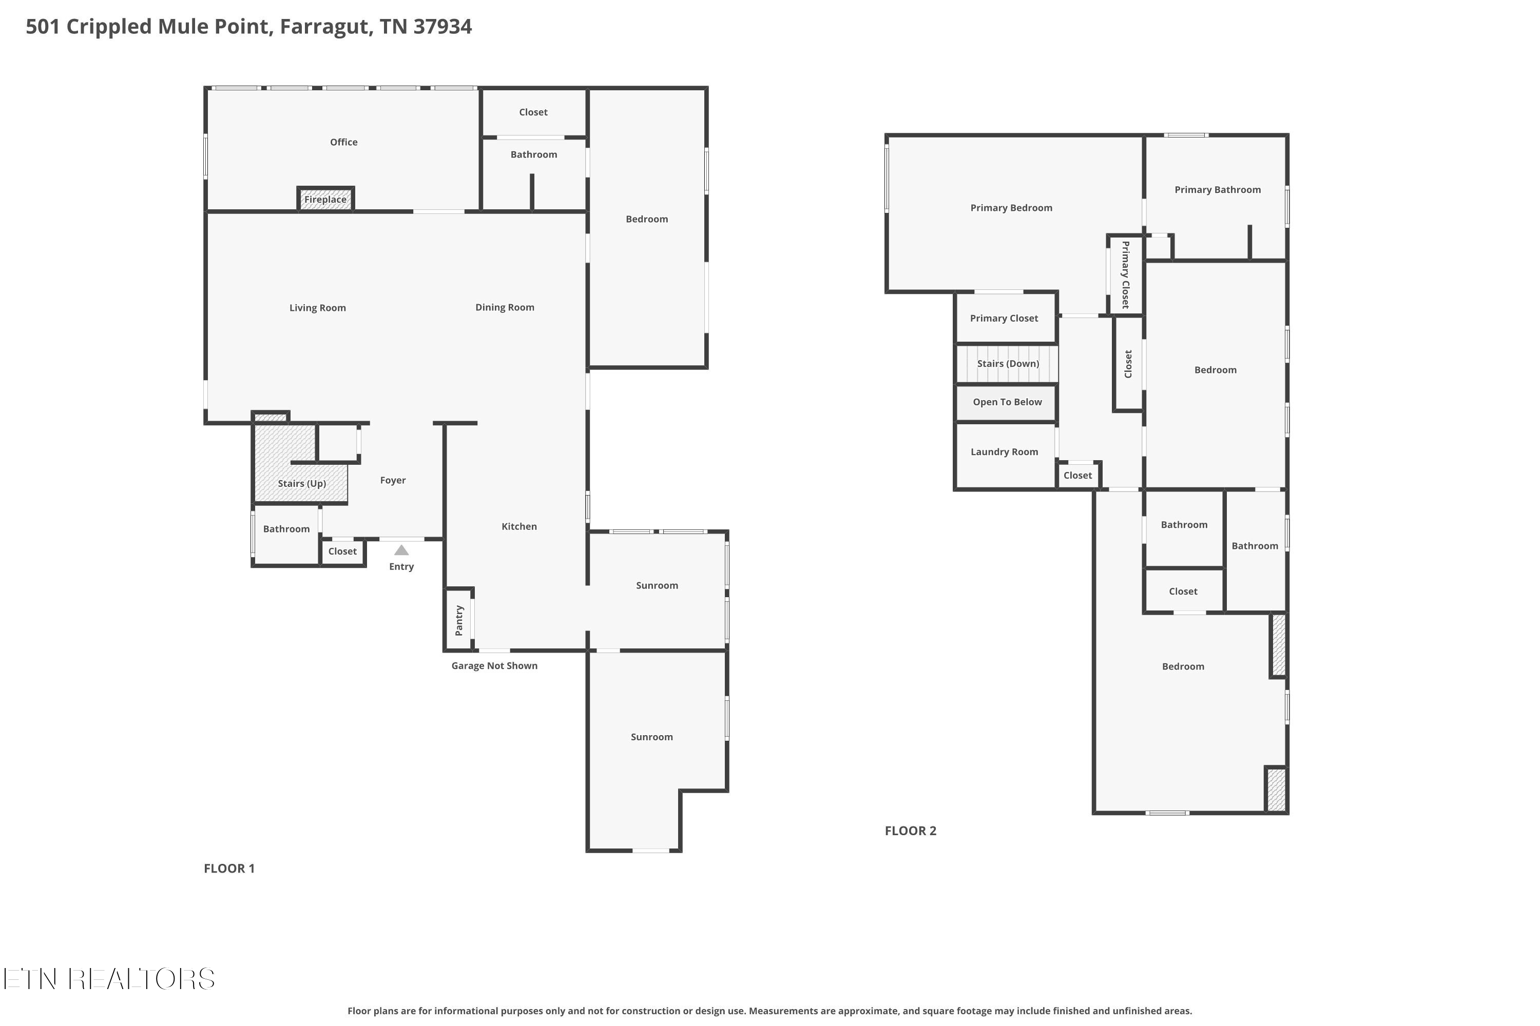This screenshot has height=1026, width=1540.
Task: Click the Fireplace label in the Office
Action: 325,200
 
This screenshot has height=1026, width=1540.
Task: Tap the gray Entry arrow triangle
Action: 401,550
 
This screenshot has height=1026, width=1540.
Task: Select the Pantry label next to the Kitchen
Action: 459,620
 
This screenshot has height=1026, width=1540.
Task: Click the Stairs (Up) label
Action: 302,484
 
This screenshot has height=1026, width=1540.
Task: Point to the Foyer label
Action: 393,480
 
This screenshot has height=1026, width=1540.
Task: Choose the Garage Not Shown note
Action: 494,665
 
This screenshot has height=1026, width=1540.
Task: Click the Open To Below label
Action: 1007,402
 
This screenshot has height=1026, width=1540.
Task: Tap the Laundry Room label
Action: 1005,451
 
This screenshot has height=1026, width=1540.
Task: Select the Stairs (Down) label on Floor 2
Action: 1008,364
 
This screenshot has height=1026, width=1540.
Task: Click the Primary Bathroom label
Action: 1218,190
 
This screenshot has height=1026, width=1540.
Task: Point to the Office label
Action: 344,142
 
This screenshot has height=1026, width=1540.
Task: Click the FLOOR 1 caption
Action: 229,869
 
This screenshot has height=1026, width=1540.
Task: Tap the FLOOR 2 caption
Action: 911,831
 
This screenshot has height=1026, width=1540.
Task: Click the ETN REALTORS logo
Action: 109,979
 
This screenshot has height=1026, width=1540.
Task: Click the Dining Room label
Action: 505,307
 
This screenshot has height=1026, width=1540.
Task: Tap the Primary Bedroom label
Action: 1012,208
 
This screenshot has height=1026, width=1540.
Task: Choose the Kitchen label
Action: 519,526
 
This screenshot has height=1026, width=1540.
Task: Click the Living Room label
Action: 318,308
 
